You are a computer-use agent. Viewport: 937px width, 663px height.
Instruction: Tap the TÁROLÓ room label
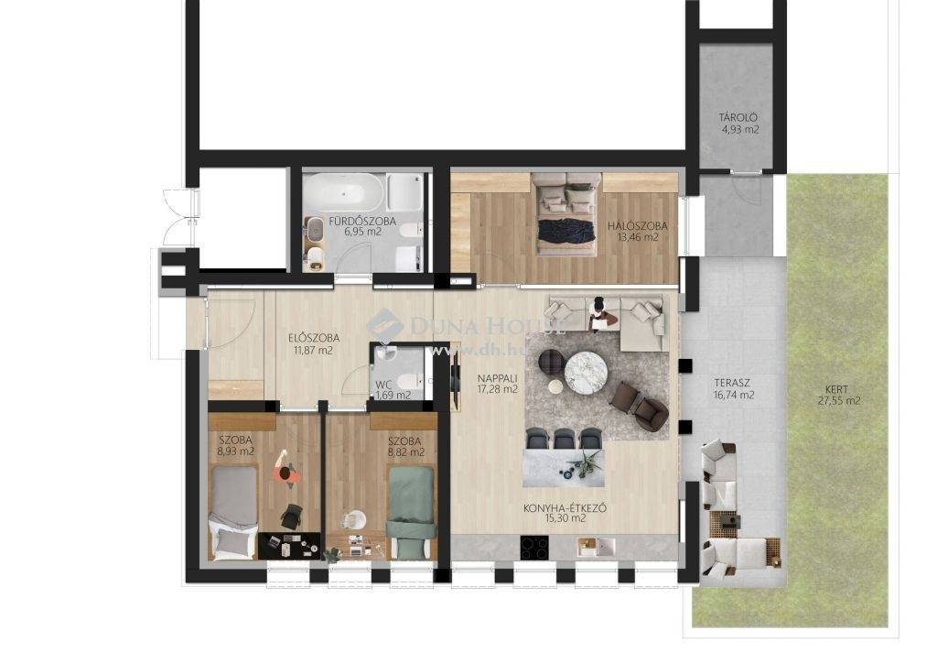coord(738,117)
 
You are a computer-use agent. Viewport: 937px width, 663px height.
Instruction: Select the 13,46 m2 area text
coord(638,237)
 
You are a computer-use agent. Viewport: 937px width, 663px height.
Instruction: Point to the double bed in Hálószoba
coord(566,214)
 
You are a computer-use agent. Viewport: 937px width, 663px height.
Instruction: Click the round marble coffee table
coord(586,373)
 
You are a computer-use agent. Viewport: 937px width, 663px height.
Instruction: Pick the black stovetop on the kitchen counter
coord(534,548)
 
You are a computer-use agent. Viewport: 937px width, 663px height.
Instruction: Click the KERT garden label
coord(838,389)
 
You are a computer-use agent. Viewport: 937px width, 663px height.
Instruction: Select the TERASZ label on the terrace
coord(732,383)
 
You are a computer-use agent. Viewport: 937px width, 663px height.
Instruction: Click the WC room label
coord(383,385)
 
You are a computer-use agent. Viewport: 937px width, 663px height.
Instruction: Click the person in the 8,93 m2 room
coord(286,469)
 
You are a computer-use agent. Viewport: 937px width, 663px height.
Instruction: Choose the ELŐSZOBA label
coord(314,338)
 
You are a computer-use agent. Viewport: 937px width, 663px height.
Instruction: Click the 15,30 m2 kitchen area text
coord(565,518)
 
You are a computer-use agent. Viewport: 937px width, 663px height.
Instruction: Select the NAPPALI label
coord(497,378)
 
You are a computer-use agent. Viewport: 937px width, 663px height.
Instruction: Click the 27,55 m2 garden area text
coord(839,400)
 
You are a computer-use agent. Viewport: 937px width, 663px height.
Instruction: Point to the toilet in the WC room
coord(411,380)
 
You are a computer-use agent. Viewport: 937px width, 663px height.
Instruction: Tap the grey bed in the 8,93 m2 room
coord(235,513)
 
